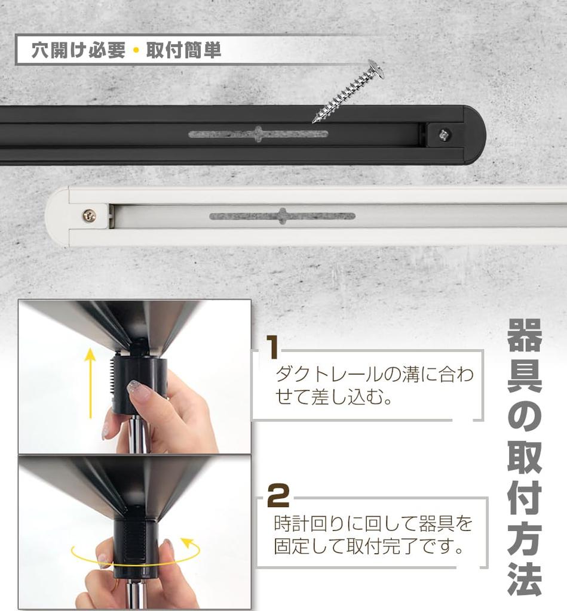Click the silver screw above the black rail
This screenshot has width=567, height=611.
click(349, 91)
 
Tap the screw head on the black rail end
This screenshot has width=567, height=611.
click(443, 135)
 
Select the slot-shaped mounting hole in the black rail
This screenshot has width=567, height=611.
click(258, 134)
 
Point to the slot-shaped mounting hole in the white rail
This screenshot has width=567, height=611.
click(282, 216)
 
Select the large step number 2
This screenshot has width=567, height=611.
click(278, 495)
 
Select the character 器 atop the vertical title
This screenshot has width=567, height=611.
click(525, 335)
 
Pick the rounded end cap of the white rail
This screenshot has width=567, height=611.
click(59, 215)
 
